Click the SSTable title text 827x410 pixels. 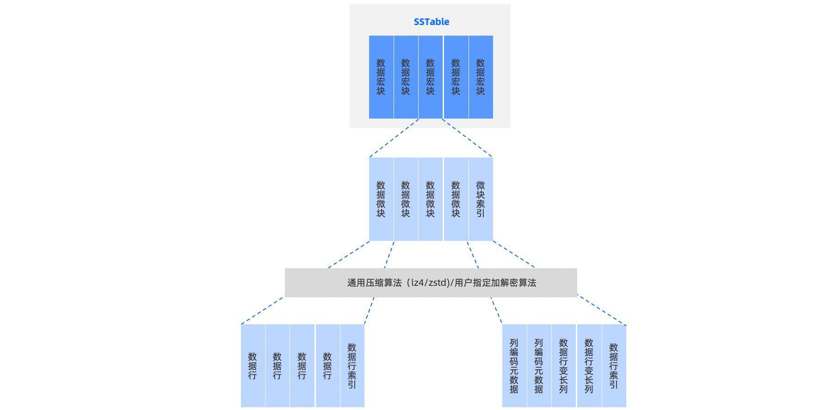[431, 22]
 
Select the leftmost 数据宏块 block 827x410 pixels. [381, 77]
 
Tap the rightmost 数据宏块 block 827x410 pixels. [481, 77]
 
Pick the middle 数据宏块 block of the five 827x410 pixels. [430, 77]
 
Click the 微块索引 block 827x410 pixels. [481, 199]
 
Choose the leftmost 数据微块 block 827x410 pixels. [381, 199]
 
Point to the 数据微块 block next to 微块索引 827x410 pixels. [456, 199]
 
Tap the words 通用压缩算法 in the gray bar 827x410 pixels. [374, 283]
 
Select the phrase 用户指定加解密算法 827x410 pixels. [495, 283]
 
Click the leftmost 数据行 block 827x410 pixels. [253, 366]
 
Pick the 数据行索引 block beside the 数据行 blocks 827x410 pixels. [352, 366]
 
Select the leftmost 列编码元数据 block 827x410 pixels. [514, 366]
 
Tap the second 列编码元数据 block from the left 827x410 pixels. [539, 366]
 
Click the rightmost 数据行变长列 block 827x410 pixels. [589, 366]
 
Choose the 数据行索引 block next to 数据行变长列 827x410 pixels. [614, 366]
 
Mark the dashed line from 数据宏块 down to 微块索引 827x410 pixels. [467, 138]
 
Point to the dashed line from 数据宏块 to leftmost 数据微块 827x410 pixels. [394, 138]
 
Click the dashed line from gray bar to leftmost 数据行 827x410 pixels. [262, 310]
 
